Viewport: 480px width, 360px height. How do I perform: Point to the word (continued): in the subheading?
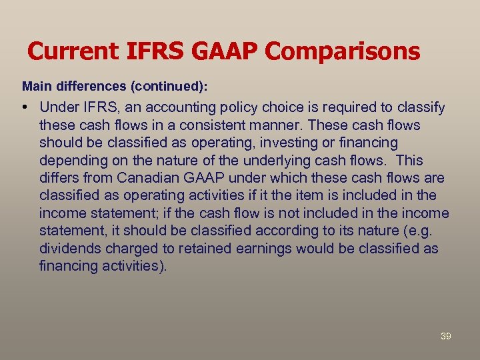tap(167, 87)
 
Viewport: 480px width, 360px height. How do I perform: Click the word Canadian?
tap(147, 179)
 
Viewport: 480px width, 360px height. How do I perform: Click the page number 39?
tap(446, 337)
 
